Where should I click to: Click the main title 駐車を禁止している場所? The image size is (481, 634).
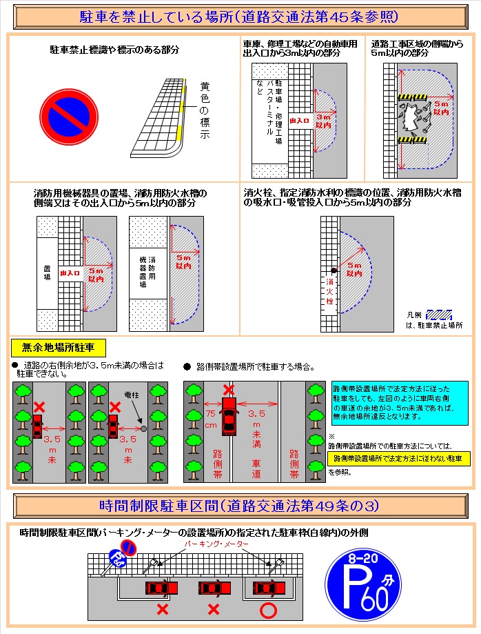tap(240, 15)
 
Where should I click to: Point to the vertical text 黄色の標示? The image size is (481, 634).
tap(205, 110)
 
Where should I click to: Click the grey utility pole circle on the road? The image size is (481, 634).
tap(143, 428)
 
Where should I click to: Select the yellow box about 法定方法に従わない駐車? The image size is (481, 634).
tap(398, 458)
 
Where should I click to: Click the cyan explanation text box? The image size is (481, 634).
tap(400, 400)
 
